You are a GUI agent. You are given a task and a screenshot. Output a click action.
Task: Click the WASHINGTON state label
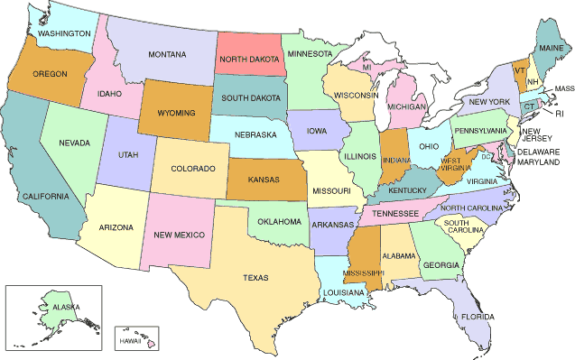pos(64,33)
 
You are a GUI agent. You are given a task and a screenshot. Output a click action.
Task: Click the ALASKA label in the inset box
pos(66,308)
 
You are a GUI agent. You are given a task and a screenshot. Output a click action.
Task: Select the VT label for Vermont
pos(520,69)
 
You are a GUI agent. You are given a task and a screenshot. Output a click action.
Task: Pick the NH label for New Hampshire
pos(533,82)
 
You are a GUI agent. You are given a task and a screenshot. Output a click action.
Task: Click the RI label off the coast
pos(559,114)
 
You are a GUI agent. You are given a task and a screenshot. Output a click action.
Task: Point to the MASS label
pos(563,88)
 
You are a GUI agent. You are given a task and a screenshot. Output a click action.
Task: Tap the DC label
pos(486,156)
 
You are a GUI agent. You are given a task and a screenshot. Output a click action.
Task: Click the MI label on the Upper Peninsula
pos(367,67)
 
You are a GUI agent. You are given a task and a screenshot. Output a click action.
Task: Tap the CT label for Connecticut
pos(529,106)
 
